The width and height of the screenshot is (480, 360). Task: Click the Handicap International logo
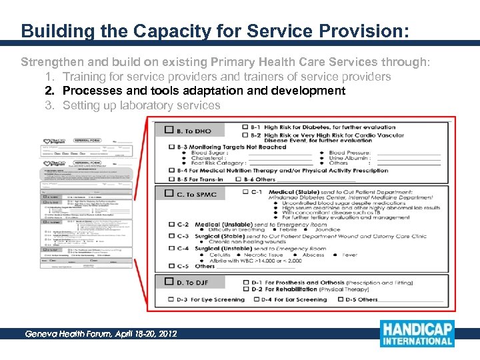417,333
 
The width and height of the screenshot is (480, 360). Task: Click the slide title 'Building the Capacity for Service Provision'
215,31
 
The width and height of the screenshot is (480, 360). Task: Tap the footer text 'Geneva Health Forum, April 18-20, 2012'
101,333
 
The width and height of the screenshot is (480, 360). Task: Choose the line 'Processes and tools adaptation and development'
203,91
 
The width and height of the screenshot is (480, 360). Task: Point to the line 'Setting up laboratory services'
141,105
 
